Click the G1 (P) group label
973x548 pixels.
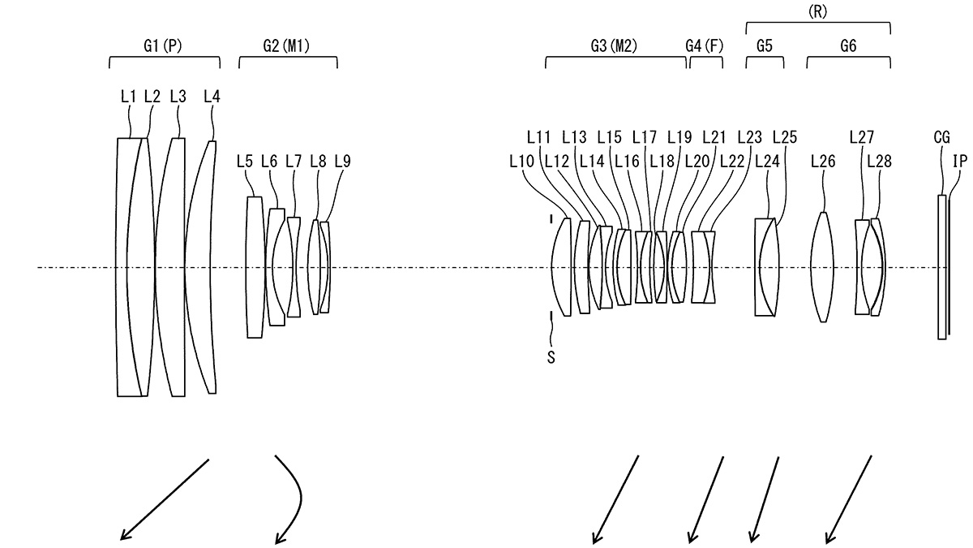(x=162, y=45)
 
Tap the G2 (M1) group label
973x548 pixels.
(x=286, y=45)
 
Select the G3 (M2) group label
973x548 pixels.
(x=614, y=45)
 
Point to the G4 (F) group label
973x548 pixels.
(x=705, y=45)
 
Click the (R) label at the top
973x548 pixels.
(x=817, y=11)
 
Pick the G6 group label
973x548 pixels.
(x=848, y=45)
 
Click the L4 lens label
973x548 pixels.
(x=212, y=97)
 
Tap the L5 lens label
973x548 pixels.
(x=245, y=162)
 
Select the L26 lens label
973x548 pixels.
(x=823, y=162)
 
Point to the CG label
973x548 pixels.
(x=941, y=138)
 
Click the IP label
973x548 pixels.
(x=959, y=162)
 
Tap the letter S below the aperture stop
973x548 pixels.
(x=551, y=357)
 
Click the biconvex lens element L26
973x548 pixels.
(x=822, y=267)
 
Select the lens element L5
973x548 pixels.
(x=255, y=267)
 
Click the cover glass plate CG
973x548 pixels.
(x=941, y=267)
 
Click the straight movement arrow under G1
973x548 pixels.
(x=165, y=499)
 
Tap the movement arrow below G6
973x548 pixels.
(x=848, y=499)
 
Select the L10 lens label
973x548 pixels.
(x=521, y=162)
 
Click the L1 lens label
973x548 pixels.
(x=129, y=97)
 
